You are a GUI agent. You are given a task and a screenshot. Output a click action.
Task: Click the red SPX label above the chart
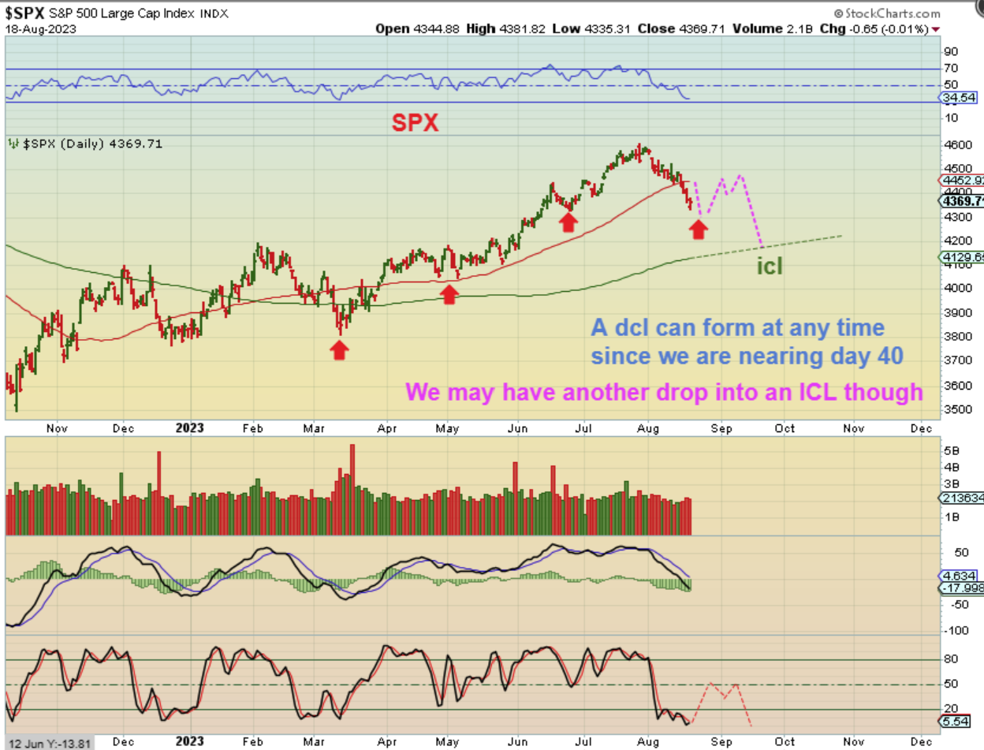pos(416,122)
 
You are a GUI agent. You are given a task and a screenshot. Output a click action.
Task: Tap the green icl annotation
pos(770,266)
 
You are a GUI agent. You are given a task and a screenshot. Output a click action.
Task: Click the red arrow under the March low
pos(339,350)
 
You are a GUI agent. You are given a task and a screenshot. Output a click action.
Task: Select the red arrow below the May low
pos(449,294)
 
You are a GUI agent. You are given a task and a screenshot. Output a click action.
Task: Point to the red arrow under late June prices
pos(568,222)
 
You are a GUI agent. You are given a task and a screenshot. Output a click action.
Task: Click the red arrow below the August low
pos(698,229)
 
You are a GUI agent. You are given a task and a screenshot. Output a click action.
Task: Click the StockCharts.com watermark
pos(889,13)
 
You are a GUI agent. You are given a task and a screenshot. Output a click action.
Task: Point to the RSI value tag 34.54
pos(962,97)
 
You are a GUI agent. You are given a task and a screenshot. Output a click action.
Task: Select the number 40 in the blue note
pos(886,356)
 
